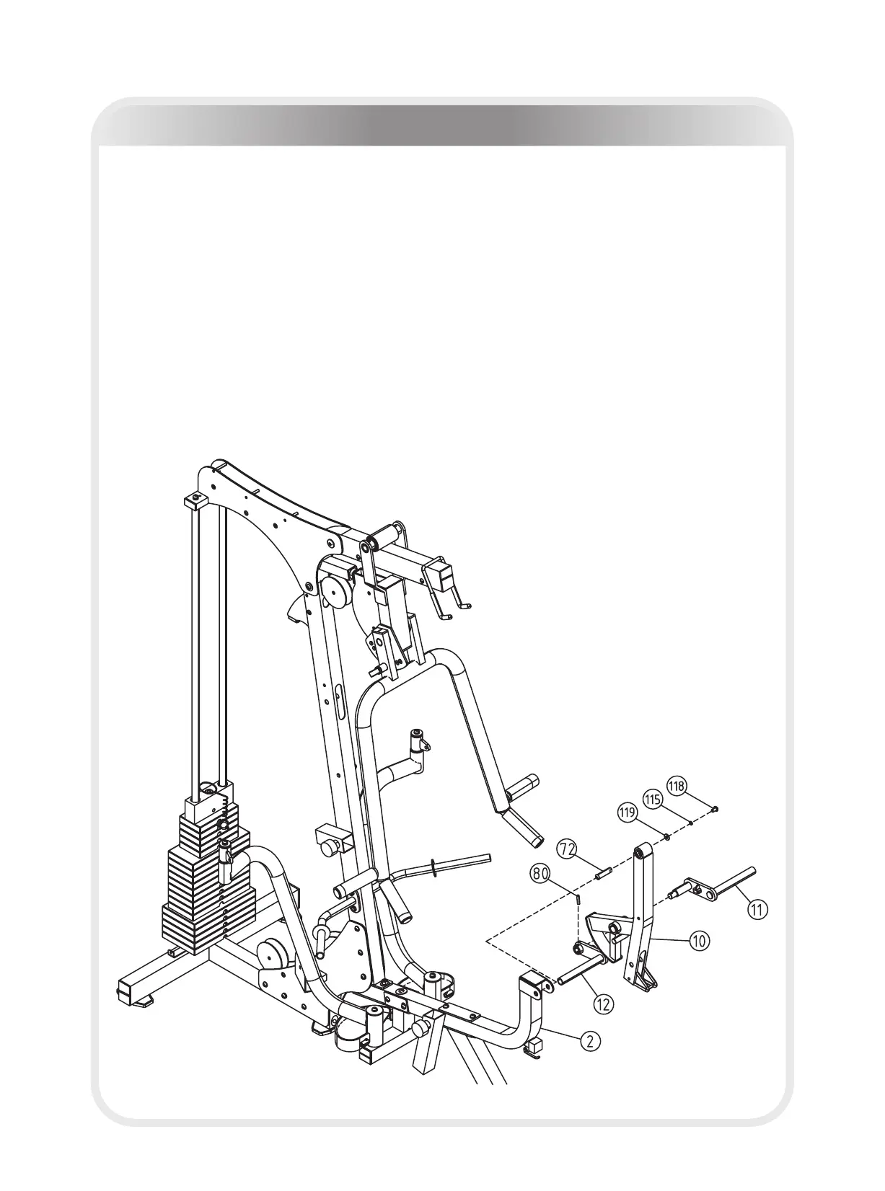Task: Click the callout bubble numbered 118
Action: pos(677,785)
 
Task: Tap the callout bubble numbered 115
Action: pos(653,800)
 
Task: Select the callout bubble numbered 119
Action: pos(628,813)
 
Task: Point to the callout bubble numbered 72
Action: pos(568,849)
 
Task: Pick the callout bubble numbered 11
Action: pos(757,910)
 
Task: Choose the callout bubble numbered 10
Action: pos(699,940)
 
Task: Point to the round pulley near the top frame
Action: pos(336,593)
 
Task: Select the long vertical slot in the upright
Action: pos(339,701)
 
